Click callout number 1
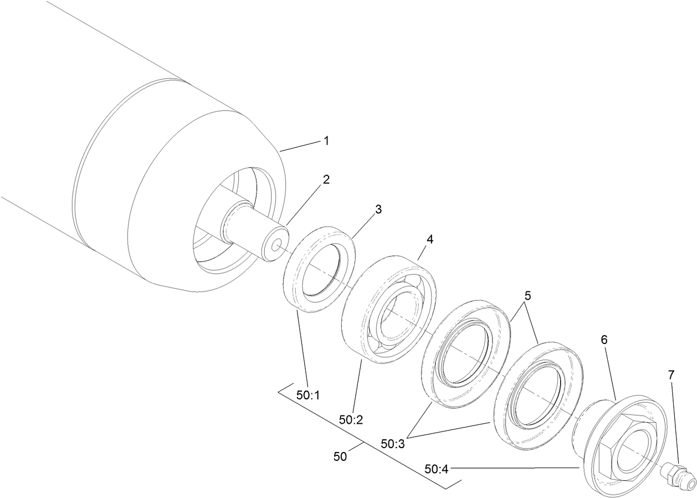(x=326, y=141)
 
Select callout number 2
(x=326, y=179)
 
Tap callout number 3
(x=378, y=209)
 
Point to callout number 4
(x=430, y=239)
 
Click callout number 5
(x=528, y=296)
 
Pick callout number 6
(x=604, y=340)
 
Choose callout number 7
(x=672, y=375)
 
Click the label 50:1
(x=308, y=396)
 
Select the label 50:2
(x=351, y=420)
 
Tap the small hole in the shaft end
(x=276, y=244)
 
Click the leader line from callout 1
(x=300, y=146)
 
